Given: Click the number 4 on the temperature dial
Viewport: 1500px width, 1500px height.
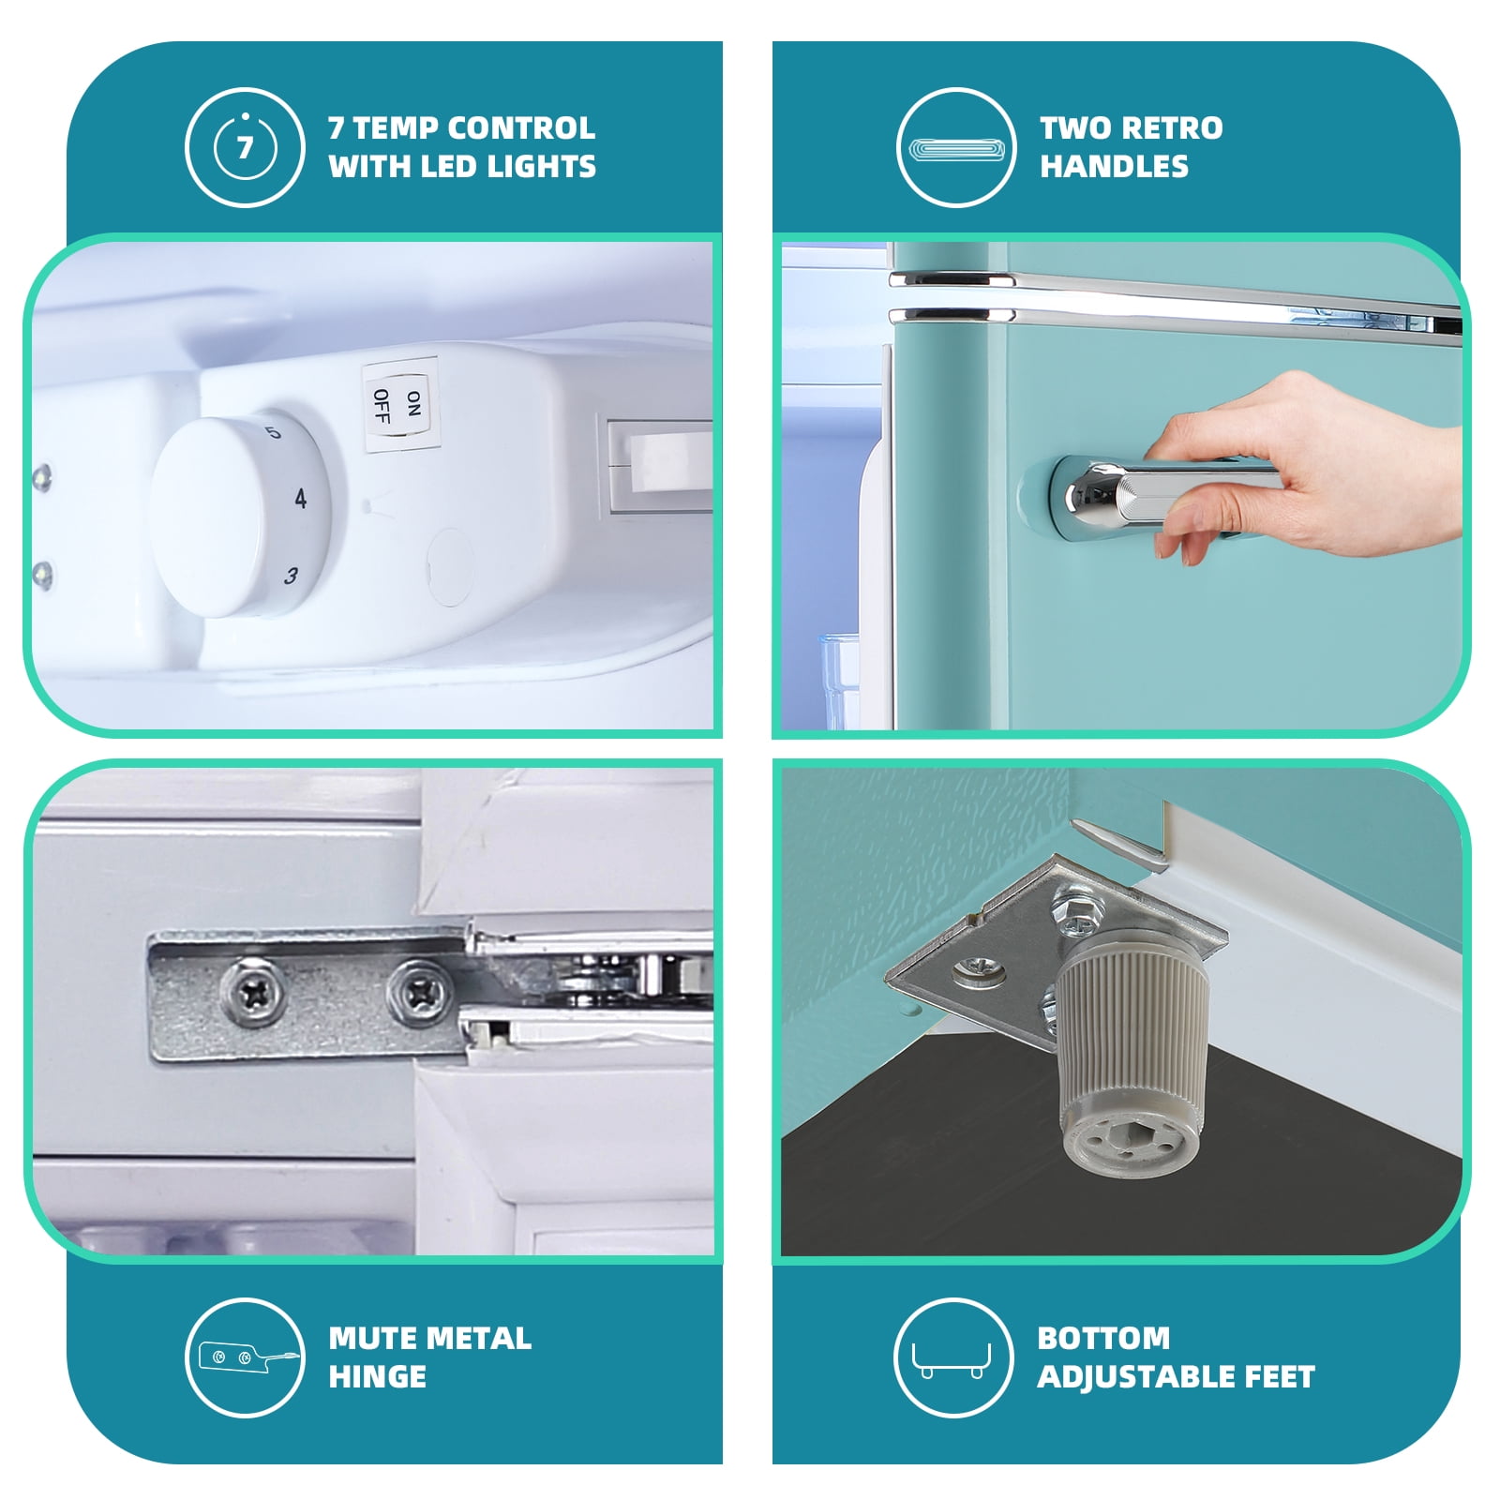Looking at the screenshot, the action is click(300, 499).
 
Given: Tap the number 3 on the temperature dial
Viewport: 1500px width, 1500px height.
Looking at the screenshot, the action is click(292, 576).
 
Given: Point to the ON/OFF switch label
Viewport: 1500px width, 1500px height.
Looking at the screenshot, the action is click(400, 406).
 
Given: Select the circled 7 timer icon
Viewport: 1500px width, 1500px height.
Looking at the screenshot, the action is click(245, 147).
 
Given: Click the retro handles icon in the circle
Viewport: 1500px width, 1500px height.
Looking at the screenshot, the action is click(956, 147).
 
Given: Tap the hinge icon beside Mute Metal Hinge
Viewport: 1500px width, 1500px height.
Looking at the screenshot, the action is click(245, 1357).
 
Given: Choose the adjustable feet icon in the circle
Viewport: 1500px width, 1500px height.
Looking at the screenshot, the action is click(953, 1357).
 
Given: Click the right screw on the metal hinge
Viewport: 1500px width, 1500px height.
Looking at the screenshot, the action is click(420, 990).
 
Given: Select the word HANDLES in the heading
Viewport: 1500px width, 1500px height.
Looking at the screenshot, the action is click(1114, 167).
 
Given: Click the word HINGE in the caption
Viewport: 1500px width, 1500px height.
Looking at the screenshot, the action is click(377, 1376).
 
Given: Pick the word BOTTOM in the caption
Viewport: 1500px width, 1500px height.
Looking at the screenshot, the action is click(1103, 1338).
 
